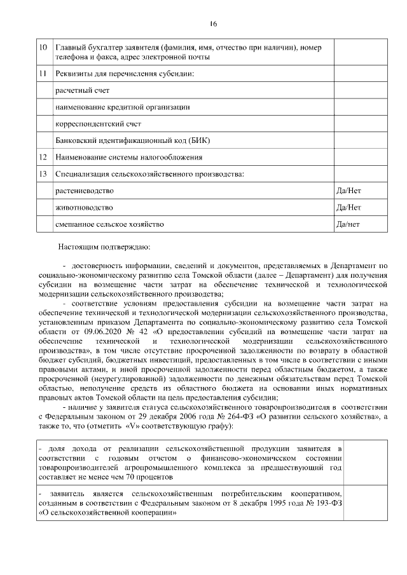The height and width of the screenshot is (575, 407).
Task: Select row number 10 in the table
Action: coord(43,48)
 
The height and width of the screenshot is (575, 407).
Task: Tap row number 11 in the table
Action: coord(43,74)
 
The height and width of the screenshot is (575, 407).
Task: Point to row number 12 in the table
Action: coord(43,156)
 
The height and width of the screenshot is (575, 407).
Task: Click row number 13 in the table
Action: coord(43,173)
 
